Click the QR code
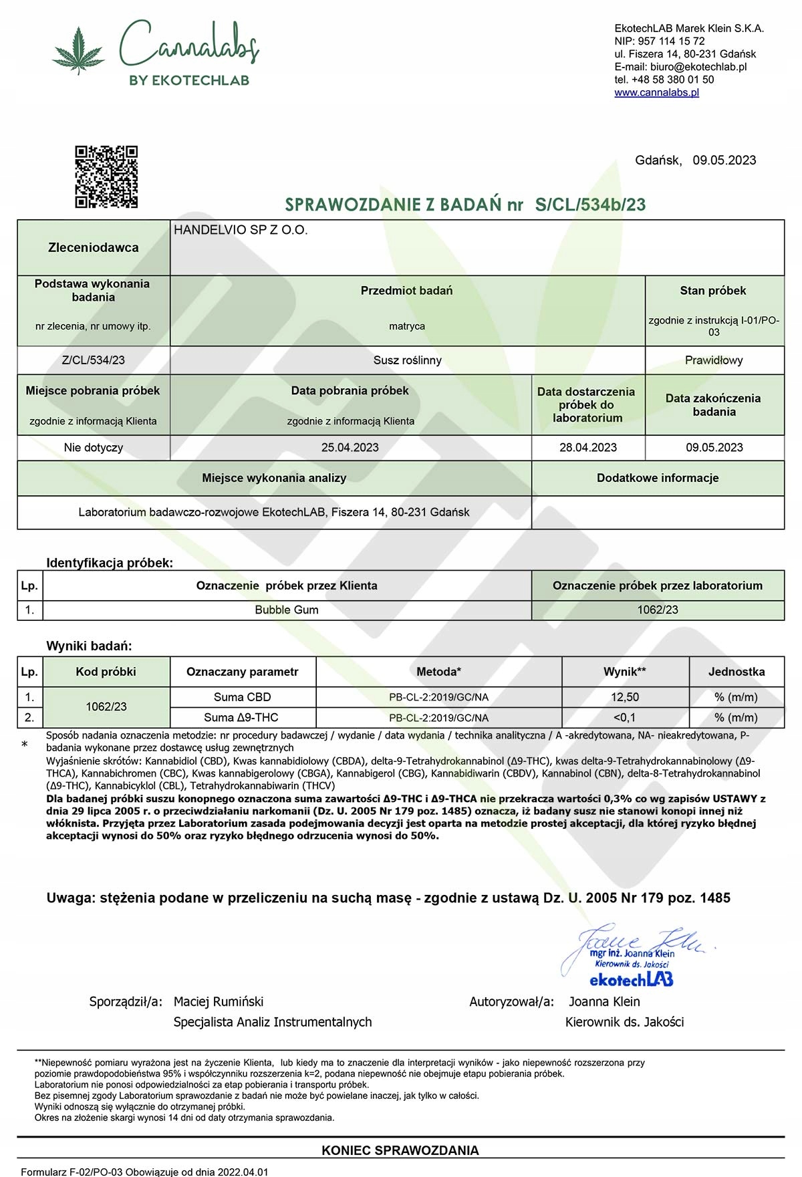click(106, 176)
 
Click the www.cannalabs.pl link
click(656, 92)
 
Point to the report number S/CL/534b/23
click(590, 205)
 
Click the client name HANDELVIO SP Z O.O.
click(241, 230)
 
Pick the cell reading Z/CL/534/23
click(94, 360)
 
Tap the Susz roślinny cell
click(407, 360)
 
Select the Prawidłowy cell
click(714, 360)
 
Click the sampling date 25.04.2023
click(350, 447)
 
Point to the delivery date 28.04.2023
click(588, 447)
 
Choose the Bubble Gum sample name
click(287, 610)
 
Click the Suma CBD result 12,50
click(625, 697)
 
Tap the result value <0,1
click(625, 717)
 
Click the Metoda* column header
click(438, 672)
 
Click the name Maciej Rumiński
click(219, 1001)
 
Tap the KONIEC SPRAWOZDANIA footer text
click(400, 1150)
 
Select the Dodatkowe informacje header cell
click(658, 478)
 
